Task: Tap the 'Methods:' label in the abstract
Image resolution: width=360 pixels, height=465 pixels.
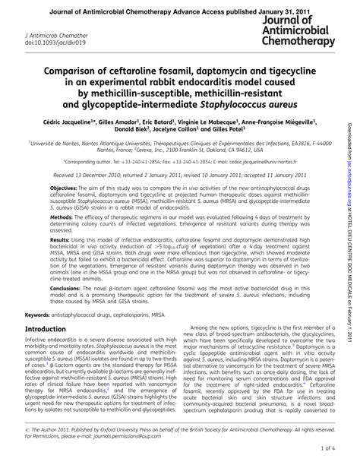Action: click(x=62, y=238)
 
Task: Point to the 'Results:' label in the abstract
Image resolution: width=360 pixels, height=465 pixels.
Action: click(x=61, y=260)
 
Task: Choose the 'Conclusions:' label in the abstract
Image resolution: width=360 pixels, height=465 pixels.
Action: click(x=66, y=310)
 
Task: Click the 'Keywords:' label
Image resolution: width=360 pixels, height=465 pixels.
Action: click(x=40, y=335)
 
